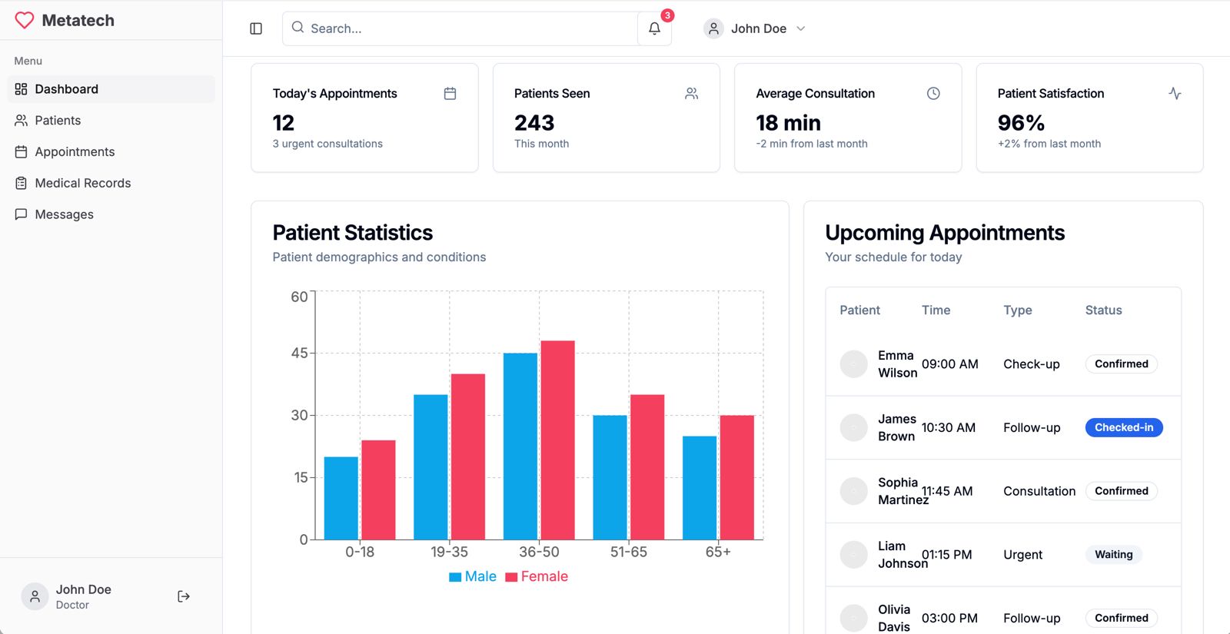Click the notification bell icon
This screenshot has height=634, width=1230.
pyautogui.click(x=654, y=28)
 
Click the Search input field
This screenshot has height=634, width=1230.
pyautogui.click(x=461, y=28)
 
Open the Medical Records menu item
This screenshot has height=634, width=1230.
pyautogui.click(x=82, y=183)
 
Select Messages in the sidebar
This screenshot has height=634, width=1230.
pyautogui.click(x=64, y=214)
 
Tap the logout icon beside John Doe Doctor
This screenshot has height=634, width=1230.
pyautogui.click(x=184, y=596)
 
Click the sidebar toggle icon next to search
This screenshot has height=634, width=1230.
pyautogui.click(x=256, y=28)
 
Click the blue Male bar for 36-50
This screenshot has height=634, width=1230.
pyautogui.click(x=520, y=446)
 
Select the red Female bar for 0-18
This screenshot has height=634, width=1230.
pyautogui.click(x=378, y=490)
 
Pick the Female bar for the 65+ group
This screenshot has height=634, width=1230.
pyautogui.click(x=736, y=477)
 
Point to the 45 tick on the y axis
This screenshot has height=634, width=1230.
pyautogui.click(x=299, y=353)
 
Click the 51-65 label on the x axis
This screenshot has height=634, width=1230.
pyautogui.click(x=628, y=552)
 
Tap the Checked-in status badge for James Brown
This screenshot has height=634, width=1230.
pyautogui.click(x=1123, y=427)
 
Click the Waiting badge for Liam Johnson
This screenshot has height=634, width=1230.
pyautogui.click(x=1113, y=554)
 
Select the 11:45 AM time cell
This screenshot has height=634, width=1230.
pyautogui.click(x=948, y=491)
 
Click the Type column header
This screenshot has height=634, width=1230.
pyautogui.click(x=1017, y=310)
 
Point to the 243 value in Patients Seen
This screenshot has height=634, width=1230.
pyautogui.click(x=534, y=123)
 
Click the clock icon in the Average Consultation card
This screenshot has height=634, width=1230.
pyautogui.click(x=933, y=93)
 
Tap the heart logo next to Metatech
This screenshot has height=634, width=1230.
pyautogui.click(x=25, y=20)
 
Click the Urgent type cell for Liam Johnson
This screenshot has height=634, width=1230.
pyautogui.click(x=1022, y=554)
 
